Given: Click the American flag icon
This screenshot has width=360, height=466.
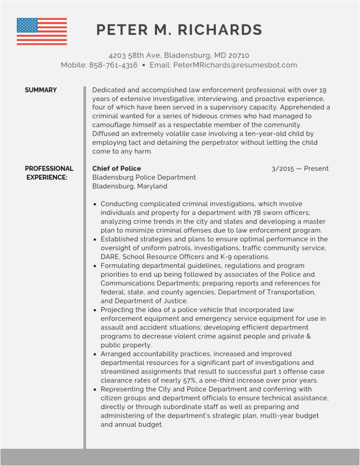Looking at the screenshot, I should point(42,31).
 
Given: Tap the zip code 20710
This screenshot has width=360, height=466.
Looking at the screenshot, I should point(239,56).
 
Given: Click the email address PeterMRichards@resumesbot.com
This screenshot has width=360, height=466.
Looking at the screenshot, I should point(235,65).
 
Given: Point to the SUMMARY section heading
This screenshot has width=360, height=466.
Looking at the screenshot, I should point(41,90).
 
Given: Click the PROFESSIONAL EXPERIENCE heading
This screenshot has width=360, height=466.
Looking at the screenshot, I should point(49,173).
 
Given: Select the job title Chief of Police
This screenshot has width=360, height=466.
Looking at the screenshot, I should point(117,168).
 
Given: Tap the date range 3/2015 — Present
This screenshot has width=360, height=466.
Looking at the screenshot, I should point(300,169).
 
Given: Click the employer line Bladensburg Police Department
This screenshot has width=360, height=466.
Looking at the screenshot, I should point(144,177).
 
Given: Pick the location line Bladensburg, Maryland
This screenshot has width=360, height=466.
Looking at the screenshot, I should point(130,186).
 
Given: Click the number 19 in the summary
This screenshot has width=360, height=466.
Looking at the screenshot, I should point(323,90).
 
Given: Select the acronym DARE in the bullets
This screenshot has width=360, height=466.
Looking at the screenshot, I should point(111,257).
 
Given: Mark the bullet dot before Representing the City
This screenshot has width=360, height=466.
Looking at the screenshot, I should point(95,390).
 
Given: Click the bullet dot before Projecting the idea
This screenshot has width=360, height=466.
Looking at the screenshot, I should point(95,310).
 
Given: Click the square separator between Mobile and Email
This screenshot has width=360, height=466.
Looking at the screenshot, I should point(144,65).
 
